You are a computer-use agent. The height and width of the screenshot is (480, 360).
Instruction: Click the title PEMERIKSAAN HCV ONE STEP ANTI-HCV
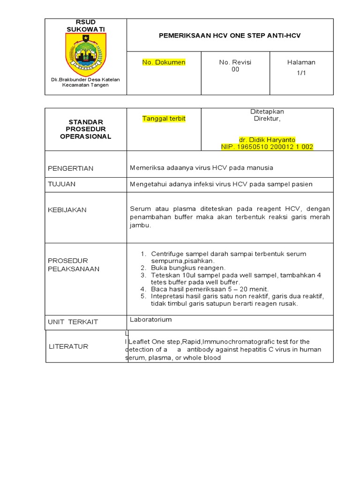click(x=230, y=36)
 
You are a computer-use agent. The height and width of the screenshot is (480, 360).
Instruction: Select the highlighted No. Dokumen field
click(x=164, y=62)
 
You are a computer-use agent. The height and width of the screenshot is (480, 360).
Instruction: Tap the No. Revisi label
click(x=235, y=62)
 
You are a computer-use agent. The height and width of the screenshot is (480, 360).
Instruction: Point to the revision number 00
click(x=235, y=69)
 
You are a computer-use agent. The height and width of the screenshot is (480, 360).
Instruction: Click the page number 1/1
click(x=301, y=73)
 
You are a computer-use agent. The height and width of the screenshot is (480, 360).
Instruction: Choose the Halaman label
click(x=301, y=62)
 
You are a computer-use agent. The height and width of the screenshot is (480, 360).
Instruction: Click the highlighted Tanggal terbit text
click(x=164, y=119)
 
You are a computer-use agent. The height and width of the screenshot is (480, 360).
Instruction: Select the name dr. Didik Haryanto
click(x=267, y=140)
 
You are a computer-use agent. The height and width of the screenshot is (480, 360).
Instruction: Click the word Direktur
click(x=267, y=119)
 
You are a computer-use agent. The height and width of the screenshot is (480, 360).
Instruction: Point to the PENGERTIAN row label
click(x=71, y=168)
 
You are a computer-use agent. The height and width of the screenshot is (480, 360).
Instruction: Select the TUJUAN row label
click(x=62, y=184)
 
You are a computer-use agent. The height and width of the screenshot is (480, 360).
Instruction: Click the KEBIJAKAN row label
click(x=67, y=210)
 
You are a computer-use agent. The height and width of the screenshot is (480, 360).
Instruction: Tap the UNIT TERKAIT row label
click(x=73, y=322)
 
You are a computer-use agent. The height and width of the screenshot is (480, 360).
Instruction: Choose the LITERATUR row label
click(x=68, y=346)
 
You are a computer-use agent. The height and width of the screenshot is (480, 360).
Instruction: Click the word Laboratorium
click(x=151, y=320)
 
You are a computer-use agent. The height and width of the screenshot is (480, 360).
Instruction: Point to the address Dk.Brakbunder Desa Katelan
click(x=85, y=80)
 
